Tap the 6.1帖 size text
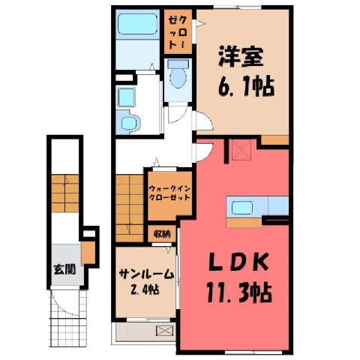pyautogui.click(x=246, y=87)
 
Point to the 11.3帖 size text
pyautogui.click(x=239, y=292)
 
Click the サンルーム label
pyautogui.click(x=146, y=274)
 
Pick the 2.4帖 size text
pyautogui.click(x=144, y=290)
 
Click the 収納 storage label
pyautogui.click(x=162, y=234)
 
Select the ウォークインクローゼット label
pyautogui.click(x=169, y=193)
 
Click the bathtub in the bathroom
pyautogui.click(x=137, y=24)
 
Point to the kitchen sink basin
pyautogui.click(x=241, y=208)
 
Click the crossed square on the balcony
pyautogui.click(x=165, y=331)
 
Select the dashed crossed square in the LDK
pyautogui.click(x=241, y=149)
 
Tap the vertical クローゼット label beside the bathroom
pyautogui.click(x=178, y=31)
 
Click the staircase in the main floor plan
pyautogui.click(x=129, y=208)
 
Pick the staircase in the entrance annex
pyautogui.click(x=65, y=193)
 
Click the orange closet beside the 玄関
pyautogui.click(x=88, y=253)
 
